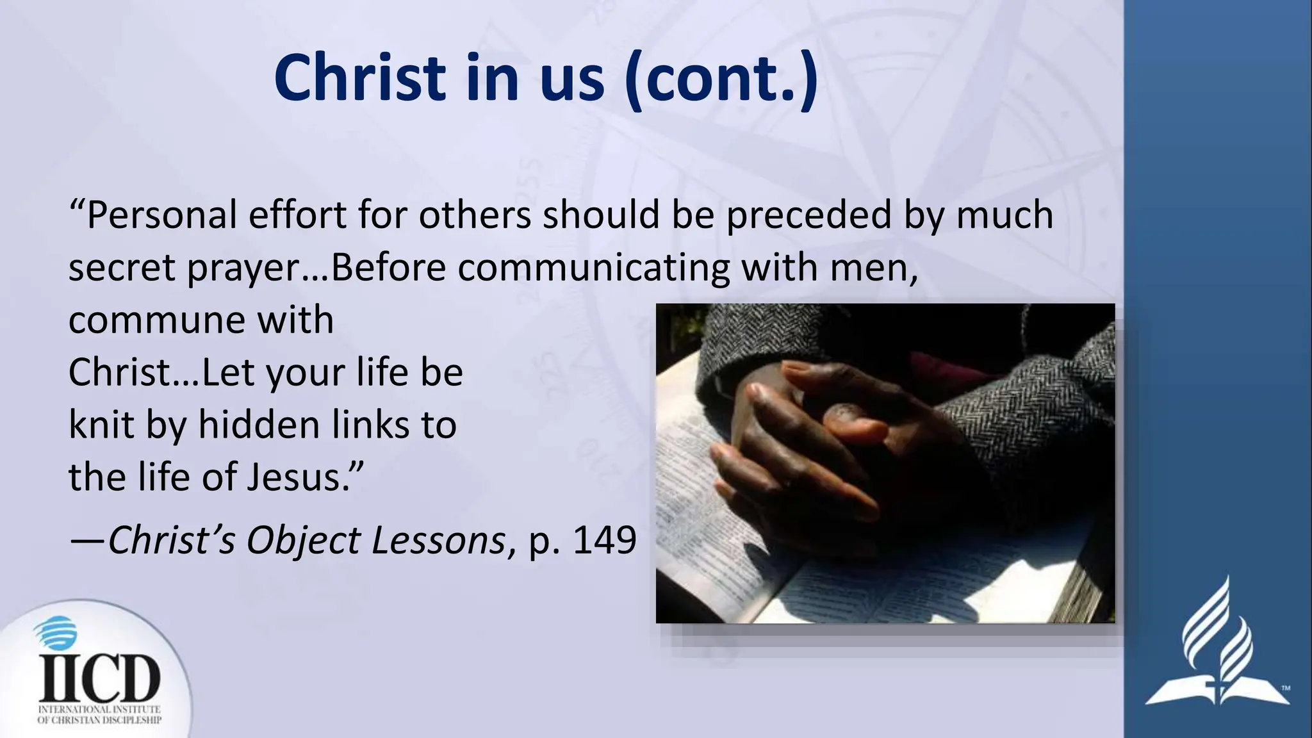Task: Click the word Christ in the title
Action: [x=359, y=78]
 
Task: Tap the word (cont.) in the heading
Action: [x=721, y=78]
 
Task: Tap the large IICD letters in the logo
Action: [x=99, y=679]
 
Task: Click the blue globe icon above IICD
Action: [x=54, y=634]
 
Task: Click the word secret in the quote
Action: [x=122, y=267]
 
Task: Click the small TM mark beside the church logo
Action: [x=1285, y=689]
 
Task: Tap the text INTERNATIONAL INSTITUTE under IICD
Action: [x=99, y=710]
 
